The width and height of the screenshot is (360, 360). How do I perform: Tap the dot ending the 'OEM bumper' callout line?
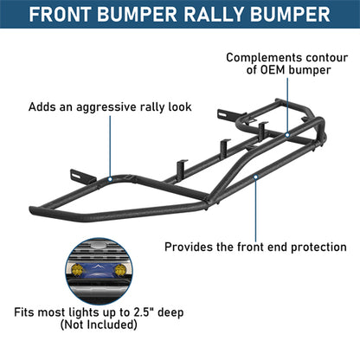pyautogui.click(x=289, y=135)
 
